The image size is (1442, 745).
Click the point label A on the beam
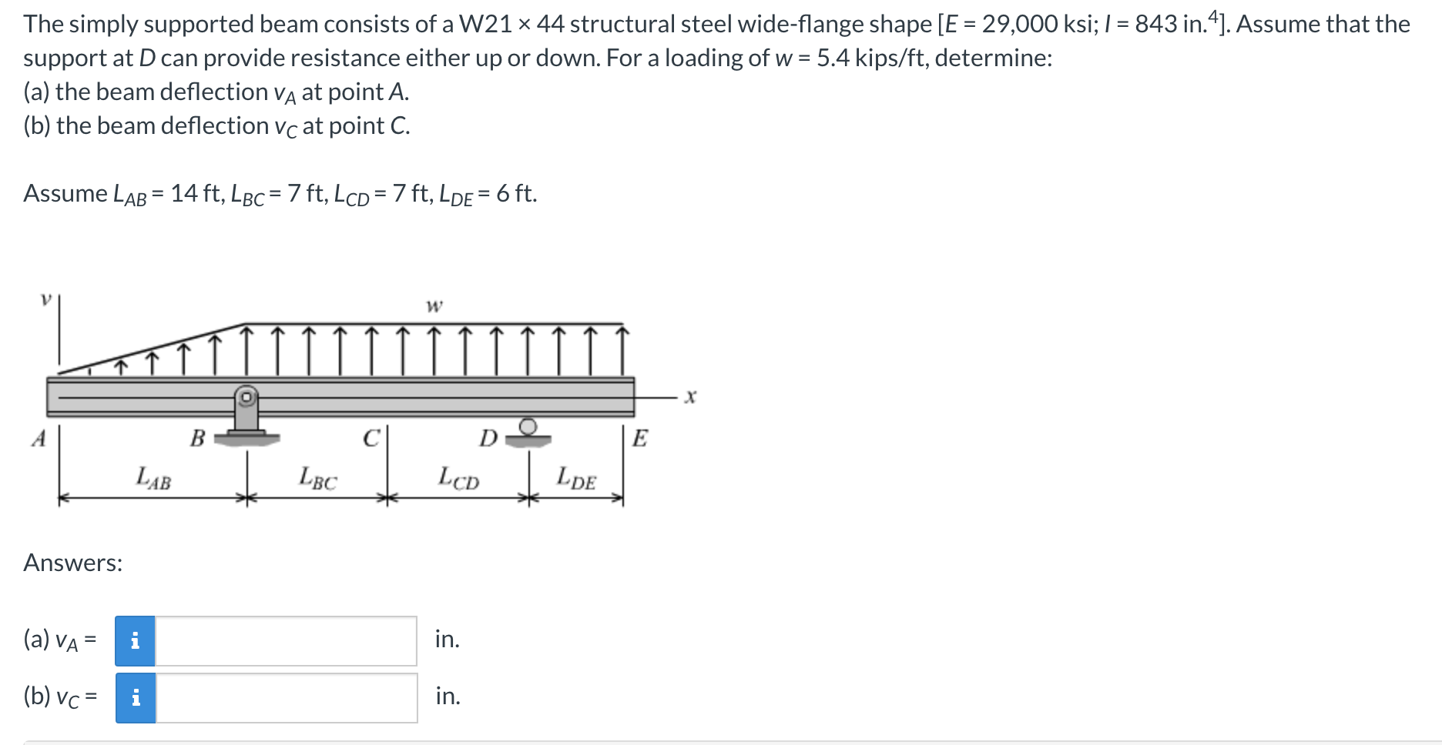point(39,439)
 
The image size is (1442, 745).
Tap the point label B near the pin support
point(198,439)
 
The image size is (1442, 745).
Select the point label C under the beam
point(371,439)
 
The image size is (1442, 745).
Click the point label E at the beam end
point(639,439)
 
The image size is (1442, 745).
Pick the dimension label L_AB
point(153,478)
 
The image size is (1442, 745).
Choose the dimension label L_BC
point(317,478)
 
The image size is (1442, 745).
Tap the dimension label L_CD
point(458,478)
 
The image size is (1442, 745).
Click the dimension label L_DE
point(576,478)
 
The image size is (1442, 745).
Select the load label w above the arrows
point(434,306)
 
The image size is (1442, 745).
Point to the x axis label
point(690,397)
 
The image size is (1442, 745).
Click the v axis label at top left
point(46,299)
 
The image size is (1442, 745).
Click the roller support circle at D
point(528,426)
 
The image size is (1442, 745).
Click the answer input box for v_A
point(286,640)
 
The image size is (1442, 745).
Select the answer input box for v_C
point(287,697)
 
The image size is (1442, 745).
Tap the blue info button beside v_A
point(135,640)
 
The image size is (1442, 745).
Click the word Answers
point(72,563)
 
